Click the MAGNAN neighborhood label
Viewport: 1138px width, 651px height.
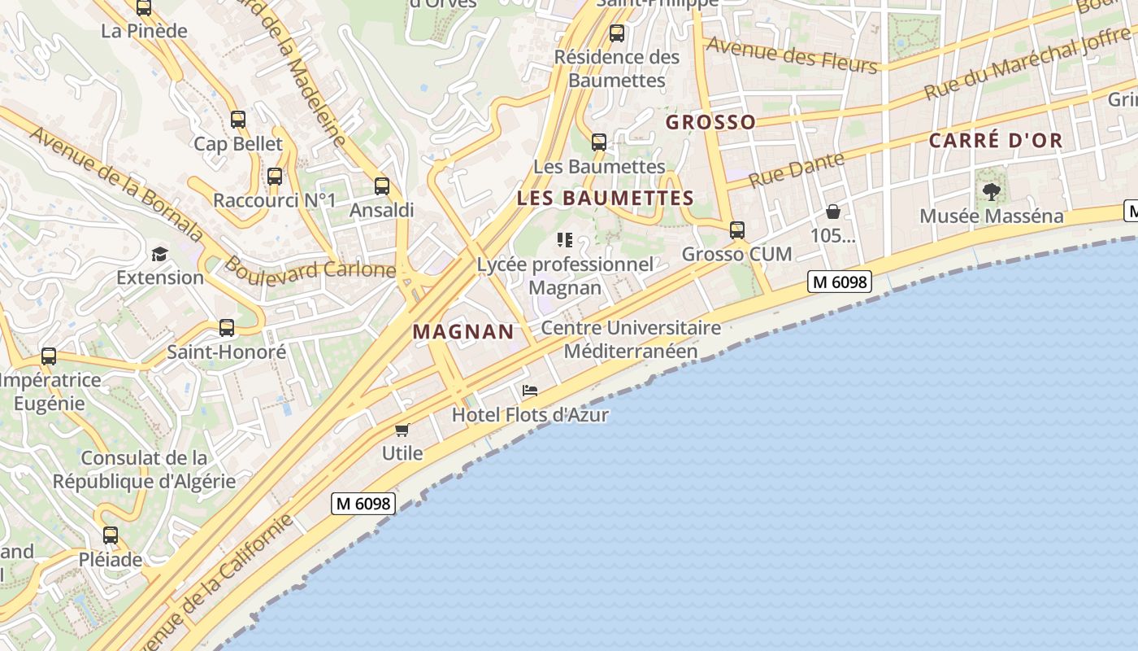(x=463, y=332)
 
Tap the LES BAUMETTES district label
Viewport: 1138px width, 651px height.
(x=606, y=199)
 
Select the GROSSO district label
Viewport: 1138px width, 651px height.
(x=710, y=123)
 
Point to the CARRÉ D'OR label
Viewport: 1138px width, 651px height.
(x=996, y=141)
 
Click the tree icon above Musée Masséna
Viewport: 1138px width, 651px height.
(x=991, y=192)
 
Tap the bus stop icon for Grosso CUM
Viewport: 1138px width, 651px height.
(x=737, y=230)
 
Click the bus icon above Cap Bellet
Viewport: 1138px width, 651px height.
(x=238, y=120)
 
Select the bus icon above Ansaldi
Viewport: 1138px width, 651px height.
(x=382, y=186)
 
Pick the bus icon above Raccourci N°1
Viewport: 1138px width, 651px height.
(x=275, y=176)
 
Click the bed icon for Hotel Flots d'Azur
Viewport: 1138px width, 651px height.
(x=530, y=391)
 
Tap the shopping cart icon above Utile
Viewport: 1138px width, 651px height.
(x=402, y=429)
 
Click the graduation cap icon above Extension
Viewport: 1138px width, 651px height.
(x=159, y=254)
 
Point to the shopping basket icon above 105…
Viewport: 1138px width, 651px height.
(x=833, y=212)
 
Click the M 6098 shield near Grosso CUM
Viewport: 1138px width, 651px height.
(x=840, y=282)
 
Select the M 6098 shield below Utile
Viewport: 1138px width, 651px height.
(x=363, y=504)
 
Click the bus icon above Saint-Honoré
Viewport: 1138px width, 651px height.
(x=227, y=328)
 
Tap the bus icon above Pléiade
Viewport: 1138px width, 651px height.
(x=111, y=535)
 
